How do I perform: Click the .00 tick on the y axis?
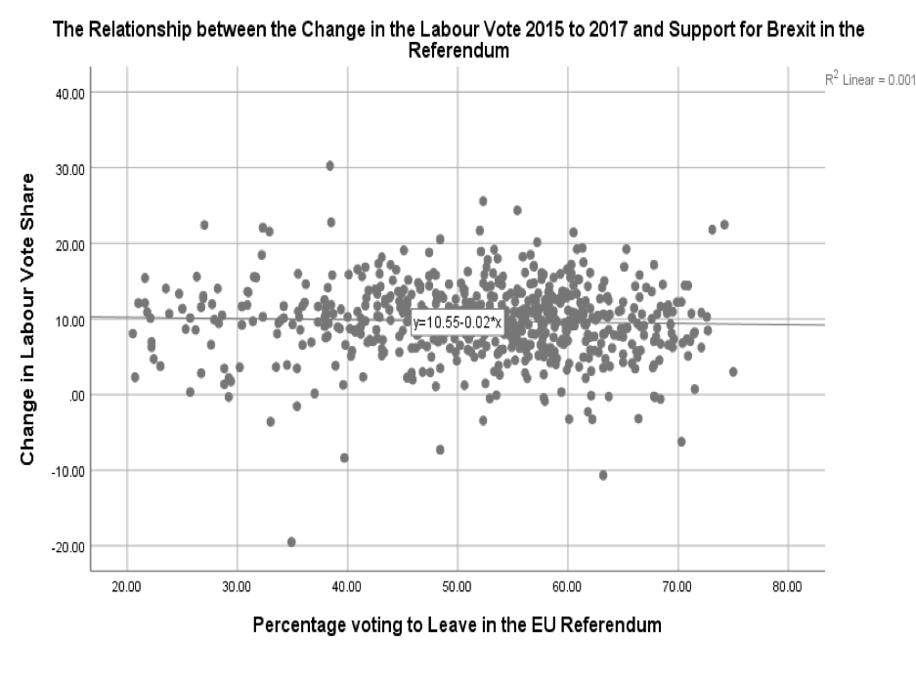coord(74,395)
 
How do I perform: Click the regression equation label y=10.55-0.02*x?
coord(458,322)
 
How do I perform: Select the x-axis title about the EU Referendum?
coord(457,624)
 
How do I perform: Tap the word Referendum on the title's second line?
coord(458,50)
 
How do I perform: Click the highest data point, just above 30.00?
coord(330,166)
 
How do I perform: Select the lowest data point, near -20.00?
coord(291,541)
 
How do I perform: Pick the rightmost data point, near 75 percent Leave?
coord(733,371)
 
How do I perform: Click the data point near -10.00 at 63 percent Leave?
coord(603,475)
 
